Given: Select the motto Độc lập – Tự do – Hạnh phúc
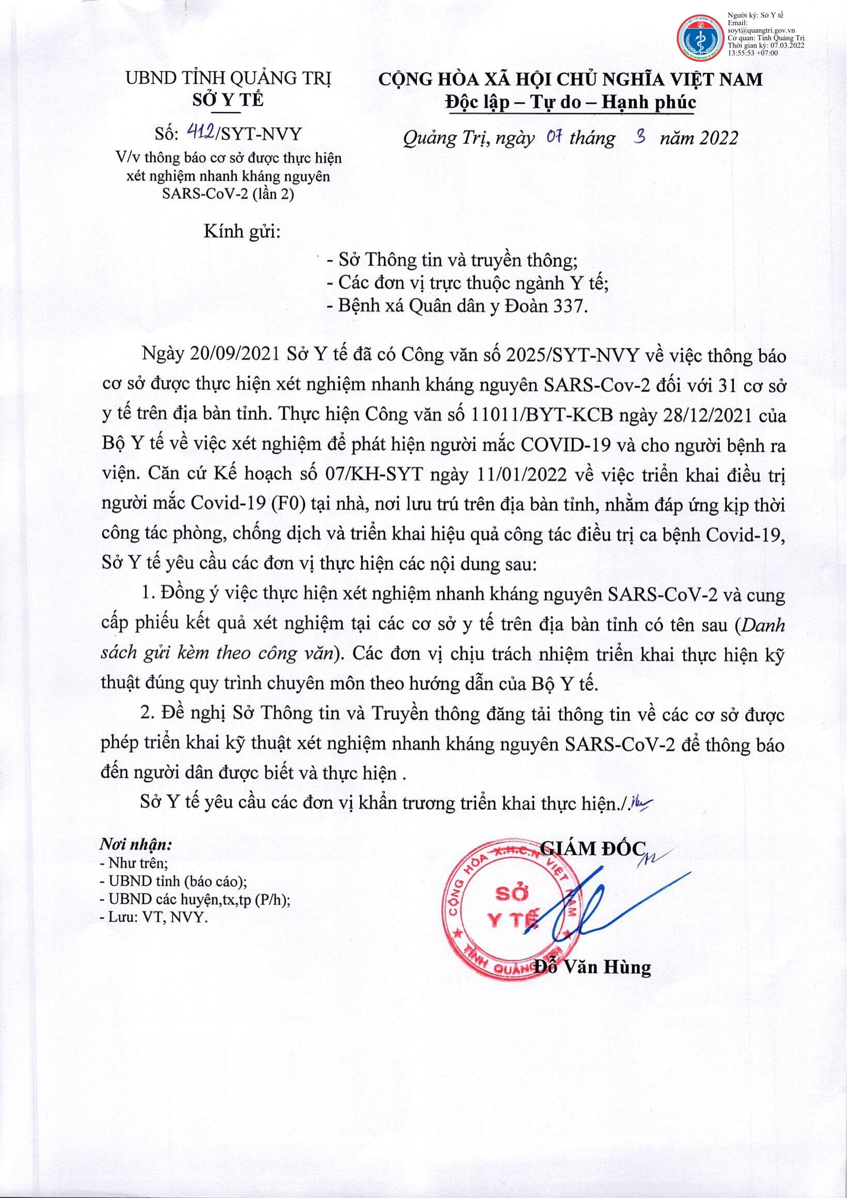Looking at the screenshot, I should click(570, 102).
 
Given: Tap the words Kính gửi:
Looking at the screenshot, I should click(242, 231).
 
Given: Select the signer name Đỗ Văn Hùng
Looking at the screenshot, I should click(593, 967).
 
